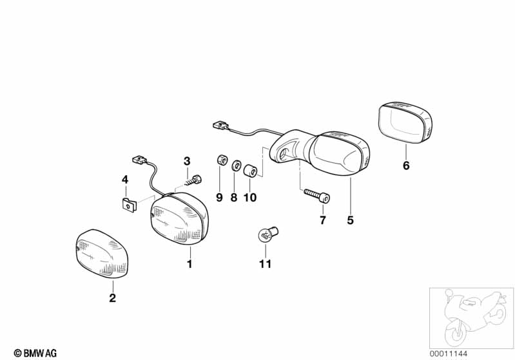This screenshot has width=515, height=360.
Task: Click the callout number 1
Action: point(189,264)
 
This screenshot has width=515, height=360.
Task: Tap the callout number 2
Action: point(113,298)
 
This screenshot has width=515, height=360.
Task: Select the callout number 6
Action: point(406,166)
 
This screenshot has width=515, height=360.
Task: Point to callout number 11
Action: point(266,264)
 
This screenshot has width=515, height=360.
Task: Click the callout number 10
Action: point(250,197)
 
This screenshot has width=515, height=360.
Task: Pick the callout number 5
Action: point(351,220)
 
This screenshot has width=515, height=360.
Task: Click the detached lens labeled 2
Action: point(102,254)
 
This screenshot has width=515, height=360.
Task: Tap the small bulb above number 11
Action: point(268,234)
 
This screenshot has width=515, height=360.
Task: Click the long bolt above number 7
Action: point(316,196)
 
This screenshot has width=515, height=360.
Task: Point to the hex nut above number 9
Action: point(222,160)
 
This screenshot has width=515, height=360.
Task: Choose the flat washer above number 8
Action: point(236,166)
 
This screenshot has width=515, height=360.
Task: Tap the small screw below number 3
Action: point(193,180)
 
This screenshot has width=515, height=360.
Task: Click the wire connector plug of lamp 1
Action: point(140,160)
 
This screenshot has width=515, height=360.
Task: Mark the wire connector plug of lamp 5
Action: point(221,126)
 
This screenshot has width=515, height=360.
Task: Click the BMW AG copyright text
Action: point(35,353)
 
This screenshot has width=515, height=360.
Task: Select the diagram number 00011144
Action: point(449,354)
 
